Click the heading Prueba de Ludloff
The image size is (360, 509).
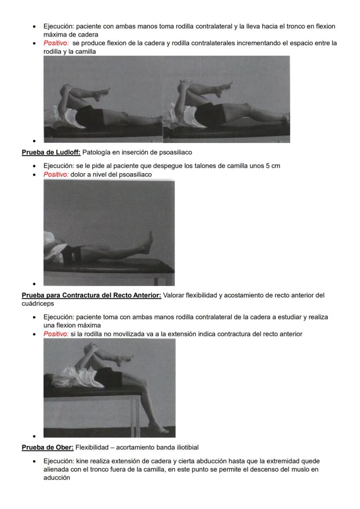(x=51, y=153)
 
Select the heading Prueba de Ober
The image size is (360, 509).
(x=48, y=447)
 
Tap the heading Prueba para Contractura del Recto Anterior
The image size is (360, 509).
(x=91, y=296)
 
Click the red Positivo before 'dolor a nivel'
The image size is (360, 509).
(x=56, y=175)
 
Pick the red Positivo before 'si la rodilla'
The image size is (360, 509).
(x=56, y=334)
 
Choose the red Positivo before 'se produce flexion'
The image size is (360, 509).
(x=56, y=43)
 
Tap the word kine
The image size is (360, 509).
(x=83, y=461)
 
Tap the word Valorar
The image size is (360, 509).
(x=173, y=296)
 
